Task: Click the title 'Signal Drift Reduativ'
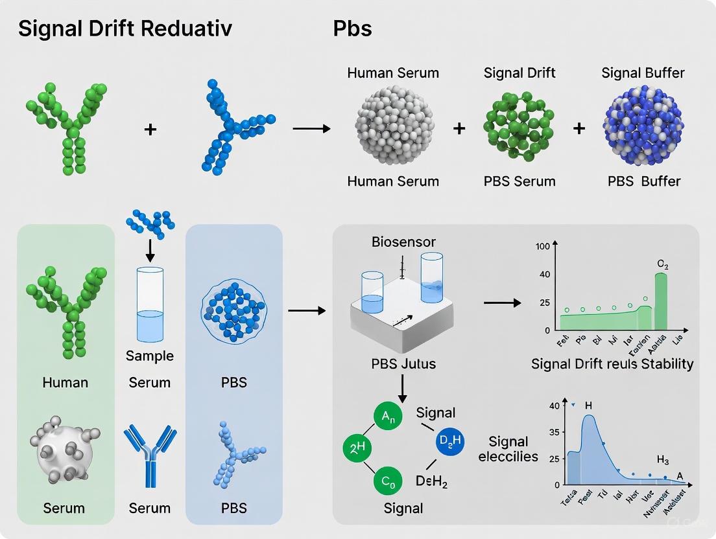[x=125, y=30]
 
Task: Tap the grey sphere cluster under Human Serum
[x=393, y=127]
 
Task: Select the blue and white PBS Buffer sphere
[x=642, y=127]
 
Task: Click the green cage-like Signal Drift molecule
[x=519, y=127]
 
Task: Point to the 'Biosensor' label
[x=404, y=242]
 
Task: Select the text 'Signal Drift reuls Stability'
[x=612, y=363]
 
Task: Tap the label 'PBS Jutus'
[x=403, y=363]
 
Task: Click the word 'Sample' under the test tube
[x=150, y=356]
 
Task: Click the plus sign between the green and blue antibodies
[x=150, y=130]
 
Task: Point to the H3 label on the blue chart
[x=663, y=460]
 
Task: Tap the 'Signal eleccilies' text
[x=508, y=449]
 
